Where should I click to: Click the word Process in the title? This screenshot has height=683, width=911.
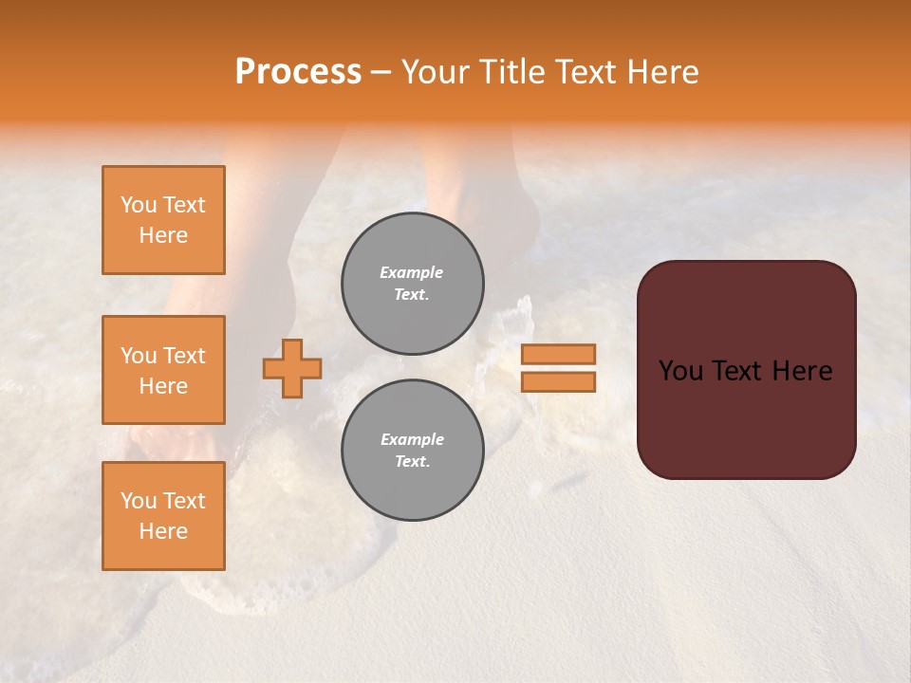point(298,72)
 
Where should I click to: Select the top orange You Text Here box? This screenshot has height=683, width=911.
point(163,220)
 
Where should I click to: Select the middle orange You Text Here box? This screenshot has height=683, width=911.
point(163,370)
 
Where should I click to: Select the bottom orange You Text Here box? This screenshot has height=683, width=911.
point(163,516)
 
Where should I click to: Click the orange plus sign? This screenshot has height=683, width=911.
point(292,368)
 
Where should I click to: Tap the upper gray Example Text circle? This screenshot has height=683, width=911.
point(413,284)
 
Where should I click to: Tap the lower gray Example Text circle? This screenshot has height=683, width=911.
point(413,451)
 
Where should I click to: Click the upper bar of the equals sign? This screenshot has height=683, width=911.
point(559,354)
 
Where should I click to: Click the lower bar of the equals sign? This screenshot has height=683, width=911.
point(559,381)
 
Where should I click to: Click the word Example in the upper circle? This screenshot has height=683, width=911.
point(412,272)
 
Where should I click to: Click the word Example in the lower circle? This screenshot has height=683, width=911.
point(412,439)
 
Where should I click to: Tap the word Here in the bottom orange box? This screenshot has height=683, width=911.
point(163,531)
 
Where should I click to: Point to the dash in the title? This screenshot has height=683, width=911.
point(381,72)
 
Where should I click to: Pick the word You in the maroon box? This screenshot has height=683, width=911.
point(680,371)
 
